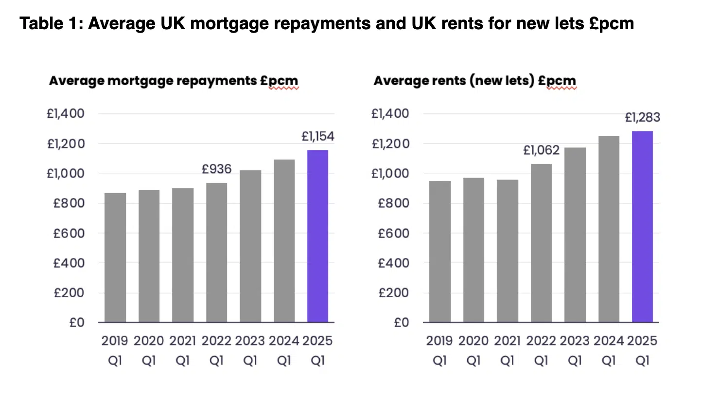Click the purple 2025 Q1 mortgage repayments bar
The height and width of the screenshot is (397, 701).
[x=317, y=236]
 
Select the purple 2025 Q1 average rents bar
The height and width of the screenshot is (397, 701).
[x=642, y=226]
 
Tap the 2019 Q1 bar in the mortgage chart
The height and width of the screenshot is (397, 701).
[x=115, y=257]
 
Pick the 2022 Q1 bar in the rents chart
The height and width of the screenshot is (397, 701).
[x=541, y=243]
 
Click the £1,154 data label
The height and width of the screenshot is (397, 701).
[x=318, y=136]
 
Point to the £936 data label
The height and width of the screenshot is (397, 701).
[x=217, y=169]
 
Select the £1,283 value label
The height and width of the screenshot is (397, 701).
[x=642, y=118]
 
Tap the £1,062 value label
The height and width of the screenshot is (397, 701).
[x=541, y=150]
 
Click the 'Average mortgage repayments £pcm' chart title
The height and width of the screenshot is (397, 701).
[x=174, y=81]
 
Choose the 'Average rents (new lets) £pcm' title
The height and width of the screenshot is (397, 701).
[x=474, y=81]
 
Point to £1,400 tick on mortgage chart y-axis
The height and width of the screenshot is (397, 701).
[x=66, y=114]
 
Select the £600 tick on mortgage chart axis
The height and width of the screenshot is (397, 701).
[x=69, y=233]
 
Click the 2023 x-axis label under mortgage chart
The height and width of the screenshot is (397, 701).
[x=250, y=341]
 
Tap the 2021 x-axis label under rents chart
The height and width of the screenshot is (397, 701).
[x=507, y=341]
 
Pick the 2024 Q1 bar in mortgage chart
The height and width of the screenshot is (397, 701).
[x=284, y=241]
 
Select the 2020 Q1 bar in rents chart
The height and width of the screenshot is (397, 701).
[x=473, y=250]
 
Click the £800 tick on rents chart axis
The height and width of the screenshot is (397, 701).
[x=394, y=203]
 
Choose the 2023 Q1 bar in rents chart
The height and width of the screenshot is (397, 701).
[x=575, y=235]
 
